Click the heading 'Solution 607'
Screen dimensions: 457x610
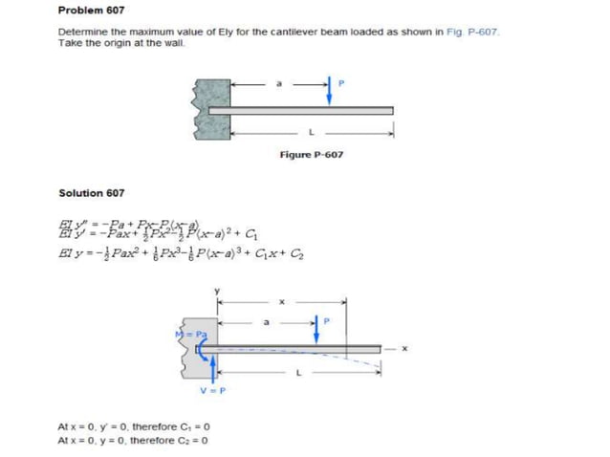(91, 192)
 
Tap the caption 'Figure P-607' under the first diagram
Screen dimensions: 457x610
(312, 154)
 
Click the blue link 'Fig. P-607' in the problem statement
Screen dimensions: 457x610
(474, 33)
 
